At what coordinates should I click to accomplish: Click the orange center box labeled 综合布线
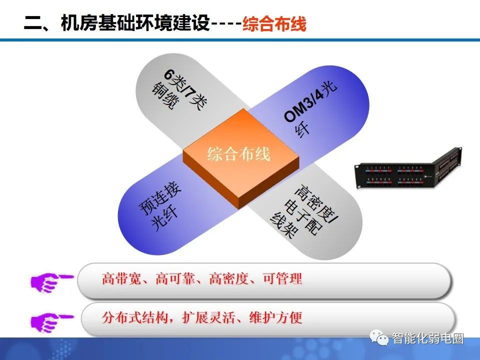pyautogui.click(x=239, y=155)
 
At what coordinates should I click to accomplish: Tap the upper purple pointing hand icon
pyautogui.click(x=50, y=280)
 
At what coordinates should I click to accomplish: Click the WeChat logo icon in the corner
pyautogui.click(x=381, y=338)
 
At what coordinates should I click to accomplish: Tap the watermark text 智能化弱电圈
pyautogui.click(x=428, y=338)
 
